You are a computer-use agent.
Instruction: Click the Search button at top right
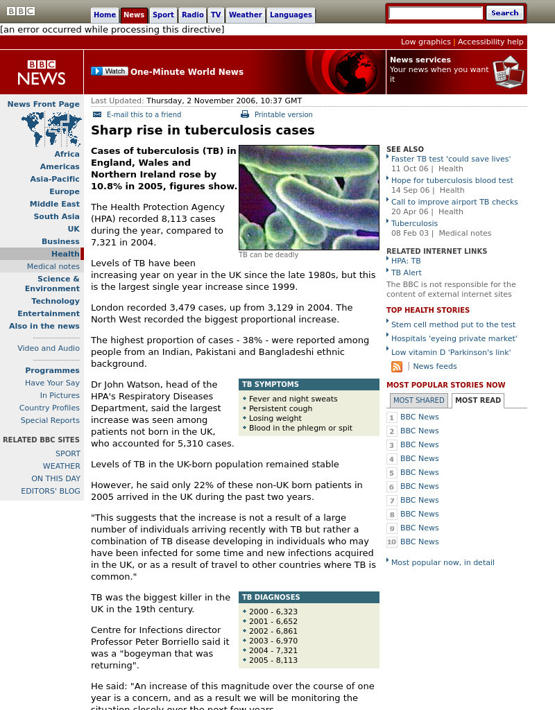click(x=504, y=12)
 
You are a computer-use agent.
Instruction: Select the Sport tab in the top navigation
click(x=163, y=15)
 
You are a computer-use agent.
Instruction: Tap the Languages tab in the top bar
click(x=291, y=15)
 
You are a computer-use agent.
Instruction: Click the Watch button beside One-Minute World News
click(x=109, y=71)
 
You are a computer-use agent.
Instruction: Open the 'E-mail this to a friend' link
click(x=144, y=114)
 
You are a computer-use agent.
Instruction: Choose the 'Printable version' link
click(x=283, y=114)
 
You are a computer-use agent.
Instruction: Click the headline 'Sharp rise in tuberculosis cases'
click(x=203, y=130)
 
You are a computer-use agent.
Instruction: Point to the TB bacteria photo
click(x=309, y=198)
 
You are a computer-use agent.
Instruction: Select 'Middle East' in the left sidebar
click(x=55, y=204)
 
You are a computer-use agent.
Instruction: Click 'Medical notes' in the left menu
click(x=53, y=266)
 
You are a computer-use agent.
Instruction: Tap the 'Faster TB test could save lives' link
click(x=451, y=159)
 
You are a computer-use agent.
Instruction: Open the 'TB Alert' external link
click(x=407, y=272)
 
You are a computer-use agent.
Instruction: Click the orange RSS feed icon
click(x=397, y=367)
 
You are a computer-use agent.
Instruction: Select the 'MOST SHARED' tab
click(x=418, y=400)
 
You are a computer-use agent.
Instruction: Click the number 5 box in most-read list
click(x=392, y=473)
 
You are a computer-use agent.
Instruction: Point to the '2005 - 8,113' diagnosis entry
click(x=273, y=660)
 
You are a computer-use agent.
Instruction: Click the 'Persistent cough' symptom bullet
click(x=280, y=408)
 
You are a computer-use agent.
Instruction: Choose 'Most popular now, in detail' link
click(x=443, y=562)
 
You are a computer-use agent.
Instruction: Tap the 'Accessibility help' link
click(x=490, y=42)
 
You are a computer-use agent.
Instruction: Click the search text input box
click(x=436, y=12)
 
